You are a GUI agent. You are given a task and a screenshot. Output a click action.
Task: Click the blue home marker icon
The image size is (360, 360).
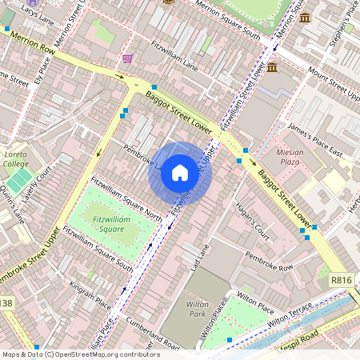180,173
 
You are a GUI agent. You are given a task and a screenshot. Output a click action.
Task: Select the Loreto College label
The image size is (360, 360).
15,158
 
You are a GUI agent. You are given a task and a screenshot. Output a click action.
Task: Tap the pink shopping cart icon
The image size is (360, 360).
127,58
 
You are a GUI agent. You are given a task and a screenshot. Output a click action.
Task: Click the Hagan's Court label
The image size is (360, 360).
253,223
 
